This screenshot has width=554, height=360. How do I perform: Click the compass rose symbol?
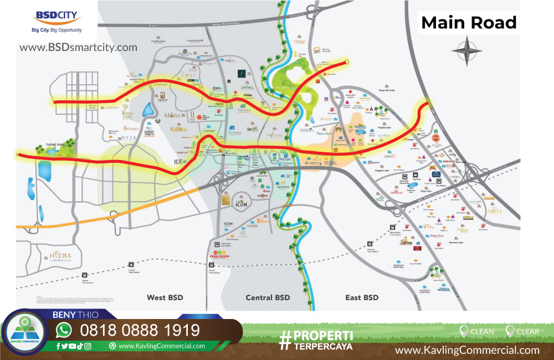tap(467, 50)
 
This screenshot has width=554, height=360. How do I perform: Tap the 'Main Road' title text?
tap(469, 23)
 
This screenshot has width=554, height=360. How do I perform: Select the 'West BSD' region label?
tap(165, 297)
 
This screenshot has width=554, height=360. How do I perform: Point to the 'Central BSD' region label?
tap(268, 297)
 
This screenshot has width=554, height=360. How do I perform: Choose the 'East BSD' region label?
tap(362, 297)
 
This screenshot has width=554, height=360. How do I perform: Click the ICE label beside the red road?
tap(178, 162)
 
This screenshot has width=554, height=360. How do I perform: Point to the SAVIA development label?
tap(493, 211)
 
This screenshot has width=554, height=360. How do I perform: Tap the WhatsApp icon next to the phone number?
tap(64, 331)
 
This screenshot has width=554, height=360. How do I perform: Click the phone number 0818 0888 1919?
tap(140, 331)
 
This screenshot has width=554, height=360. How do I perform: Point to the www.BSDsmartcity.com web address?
tap(79, 48)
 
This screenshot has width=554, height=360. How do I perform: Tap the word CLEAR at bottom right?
tap(527, 332)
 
